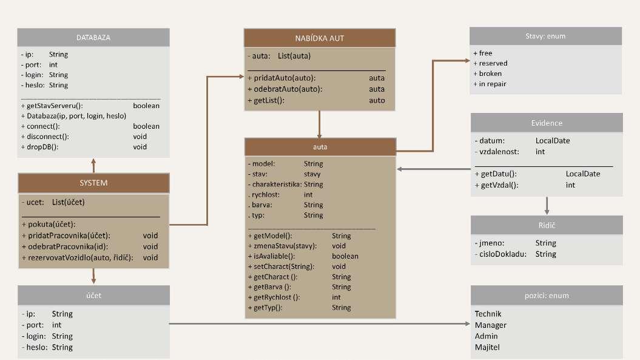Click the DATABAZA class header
click(93, 37)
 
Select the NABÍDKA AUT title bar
click(320, 38)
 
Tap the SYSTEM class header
click(93, 182)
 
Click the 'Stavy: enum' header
click(545, 36)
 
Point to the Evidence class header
click(547, 123)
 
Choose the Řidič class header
click(547, 225)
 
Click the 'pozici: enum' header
click(547, 296)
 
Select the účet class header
click(93, 294)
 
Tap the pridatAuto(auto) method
click(281, 78)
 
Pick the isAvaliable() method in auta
click(271, 256)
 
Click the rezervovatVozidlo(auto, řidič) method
click(77, 257)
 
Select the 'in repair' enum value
click(493, 84)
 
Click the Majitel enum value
click(488, 347)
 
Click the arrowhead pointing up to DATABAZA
click(93, 161)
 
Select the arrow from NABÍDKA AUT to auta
click(320, 124)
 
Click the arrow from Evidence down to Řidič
click(547, 205)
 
